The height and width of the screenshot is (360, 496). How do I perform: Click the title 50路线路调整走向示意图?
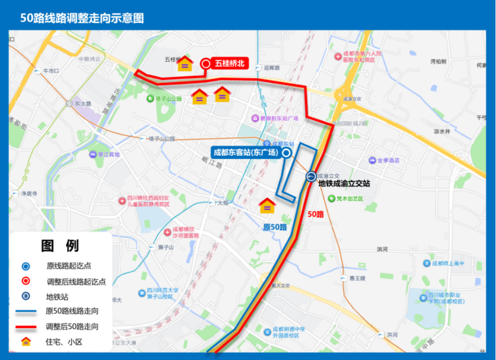82,17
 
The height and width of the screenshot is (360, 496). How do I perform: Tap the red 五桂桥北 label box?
230,64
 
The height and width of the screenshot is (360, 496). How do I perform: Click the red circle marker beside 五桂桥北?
206,64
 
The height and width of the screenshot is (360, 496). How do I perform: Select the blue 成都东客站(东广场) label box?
245,153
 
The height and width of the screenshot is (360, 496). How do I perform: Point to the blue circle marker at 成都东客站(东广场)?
286,153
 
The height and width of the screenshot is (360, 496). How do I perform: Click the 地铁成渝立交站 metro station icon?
311,176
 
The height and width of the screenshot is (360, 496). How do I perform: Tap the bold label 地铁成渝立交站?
343,183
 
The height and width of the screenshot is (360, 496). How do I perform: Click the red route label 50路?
316,214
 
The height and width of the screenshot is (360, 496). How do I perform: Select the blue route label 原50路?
274,227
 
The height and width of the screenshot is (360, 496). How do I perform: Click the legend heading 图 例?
60,245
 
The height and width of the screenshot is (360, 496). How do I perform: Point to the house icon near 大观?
267,206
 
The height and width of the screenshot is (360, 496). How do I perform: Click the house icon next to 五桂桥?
184,64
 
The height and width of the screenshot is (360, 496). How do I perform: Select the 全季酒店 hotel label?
387,160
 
